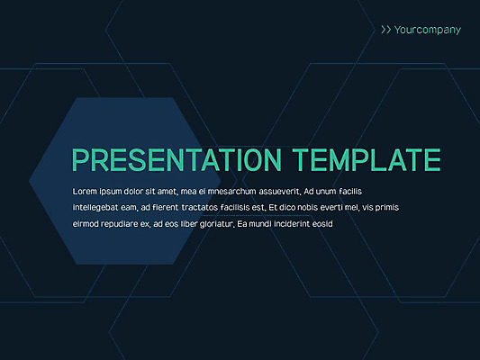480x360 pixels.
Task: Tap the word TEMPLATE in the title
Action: [367, 159]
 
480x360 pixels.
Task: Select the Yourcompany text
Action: [428, 30]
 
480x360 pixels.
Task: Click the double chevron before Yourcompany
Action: [385, 30]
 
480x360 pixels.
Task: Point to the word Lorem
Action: [85, 193]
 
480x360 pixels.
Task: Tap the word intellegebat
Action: [96, 208]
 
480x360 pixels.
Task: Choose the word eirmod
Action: [86, 223]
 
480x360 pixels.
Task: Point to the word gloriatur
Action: [212, 223]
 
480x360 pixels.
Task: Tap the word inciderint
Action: [291, 223]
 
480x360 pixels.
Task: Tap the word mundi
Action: [258, 223]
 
